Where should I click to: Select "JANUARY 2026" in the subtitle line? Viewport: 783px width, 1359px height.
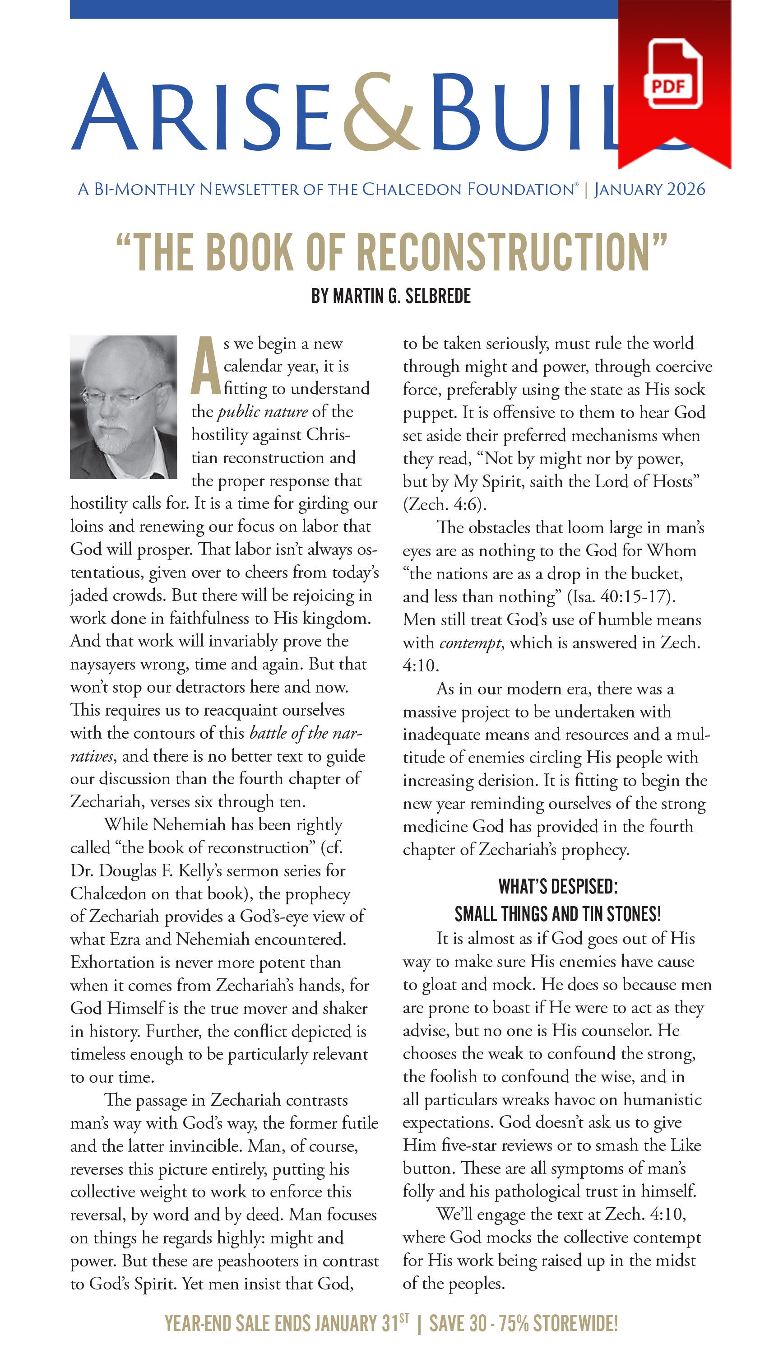tap(649, 189)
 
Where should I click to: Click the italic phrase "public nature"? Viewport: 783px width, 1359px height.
tap(263, 412)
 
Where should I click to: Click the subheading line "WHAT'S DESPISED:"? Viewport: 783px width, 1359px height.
tap(558, 886)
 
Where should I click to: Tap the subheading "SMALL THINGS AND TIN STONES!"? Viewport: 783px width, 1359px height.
tap(558, 913)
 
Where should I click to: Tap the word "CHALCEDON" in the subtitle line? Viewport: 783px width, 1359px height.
tap(412, 189)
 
